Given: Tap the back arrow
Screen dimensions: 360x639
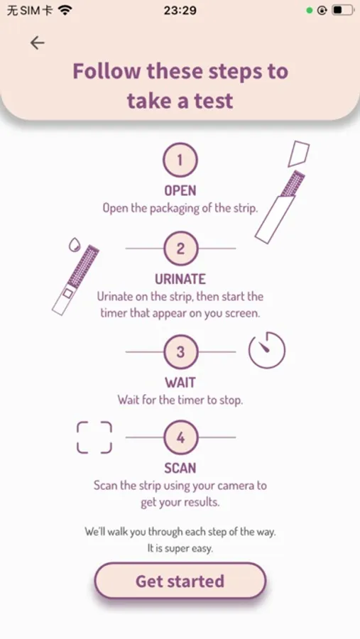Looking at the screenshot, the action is (x=37, y=43).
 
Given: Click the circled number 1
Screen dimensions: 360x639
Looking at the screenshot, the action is (x=180, y=160).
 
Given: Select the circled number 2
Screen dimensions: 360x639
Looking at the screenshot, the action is (x=180, y=248).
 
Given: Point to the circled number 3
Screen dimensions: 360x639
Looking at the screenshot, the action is (x=180, y=352).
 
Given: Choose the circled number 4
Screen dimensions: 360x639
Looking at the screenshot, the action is (x=180, y=437).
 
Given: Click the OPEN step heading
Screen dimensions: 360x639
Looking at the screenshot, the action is (x=180, y=191).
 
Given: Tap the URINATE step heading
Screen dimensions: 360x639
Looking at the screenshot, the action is (x=180, y=279).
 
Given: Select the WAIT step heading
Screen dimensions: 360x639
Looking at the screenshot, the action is (x=180, y=383).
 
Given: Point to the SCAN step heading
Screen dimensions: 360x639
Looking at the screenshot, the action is (x=180, y=469).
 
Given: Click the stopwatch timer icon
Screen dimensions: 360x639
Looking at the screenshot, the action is (x=267, y=350).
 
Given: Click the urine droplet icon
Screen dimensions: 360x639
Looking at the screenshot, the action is (x=74, y=244).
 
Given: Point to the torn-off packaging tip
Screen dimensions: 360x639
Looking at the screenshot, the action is (x=298, y=154).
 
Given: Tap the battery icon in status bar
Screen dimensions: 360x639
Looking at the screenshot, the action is (x=342, y=10).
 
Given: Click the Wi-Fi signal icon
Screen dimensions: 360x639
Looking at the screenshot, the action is (x=65, y=10).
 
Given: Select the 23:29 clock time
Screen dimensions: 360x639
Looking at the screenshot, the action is (x=180, y=10).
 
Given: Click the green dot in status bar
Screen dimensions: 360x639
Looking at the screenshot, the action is (x=310, y=11).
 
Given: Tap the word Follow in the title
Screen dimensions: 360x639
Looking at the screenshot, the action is (x=107, y=71).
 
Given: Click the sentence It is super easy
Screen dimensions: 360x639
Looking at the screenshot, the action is (x=180, y=549).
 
